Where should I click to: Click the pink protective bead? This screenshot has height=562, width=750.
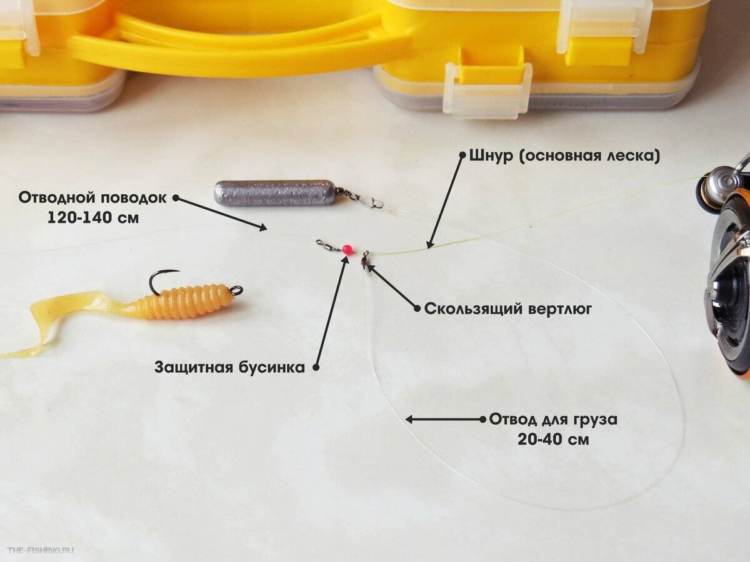tap(348, 250)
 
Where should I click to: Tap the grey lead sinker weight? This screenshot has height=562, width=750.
tap(274, 193)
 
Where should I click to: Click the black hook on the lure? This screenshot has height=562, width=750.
tap(159, 280)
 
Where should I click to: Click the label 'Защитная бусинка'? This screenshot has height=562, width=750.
tap(229, 367)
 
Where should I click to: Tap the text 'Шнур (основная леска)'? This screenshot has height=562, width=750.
tap(564, 155)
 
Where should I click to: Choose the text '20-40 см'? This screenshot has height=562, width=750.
tap(552, 439)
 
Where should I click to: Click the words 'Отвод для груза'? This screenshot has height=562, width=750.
tap(553, 419)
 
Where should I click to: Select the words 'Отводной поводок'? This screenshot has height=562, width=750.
tap(92, 198)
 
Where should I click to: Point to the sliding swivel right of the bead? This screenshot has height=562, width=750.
tap(364, 258)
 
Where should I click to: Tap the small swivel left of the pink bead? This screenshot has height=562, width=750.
tap(326, 245)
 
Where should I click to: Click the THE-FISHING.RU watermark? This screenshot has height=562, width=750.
tap(41, 550)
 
